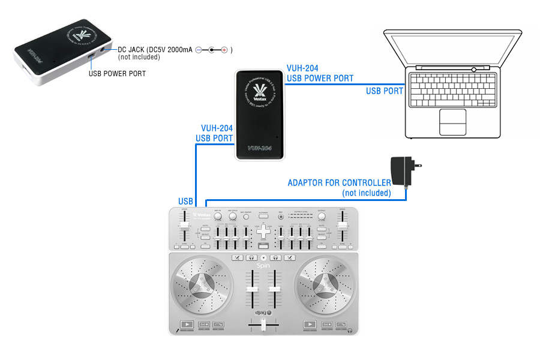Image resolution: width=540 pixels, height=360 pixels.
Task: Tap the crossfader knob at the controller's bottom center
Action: (263, 325)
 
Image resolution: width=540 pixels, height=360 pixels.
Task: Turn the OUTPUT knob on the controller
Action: (322, 215)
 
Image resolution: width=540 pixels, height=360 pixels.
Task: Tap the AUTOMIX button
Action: (263, 214)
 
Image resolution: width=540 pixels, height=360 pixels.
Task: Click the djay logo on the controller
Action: (263, 312)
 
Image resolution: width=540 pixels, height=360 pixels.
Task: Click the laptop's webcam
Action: (473, 69)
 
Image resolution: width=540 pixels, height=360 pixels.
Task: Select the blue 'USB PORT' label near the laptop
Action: (385, 91)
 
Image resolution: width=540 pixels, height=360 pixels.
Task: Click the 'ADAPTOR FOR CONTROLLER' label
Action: (339, 182)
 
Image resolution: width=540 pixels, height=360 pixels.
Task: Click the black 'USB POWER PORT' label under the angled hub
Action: (117, 74)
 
